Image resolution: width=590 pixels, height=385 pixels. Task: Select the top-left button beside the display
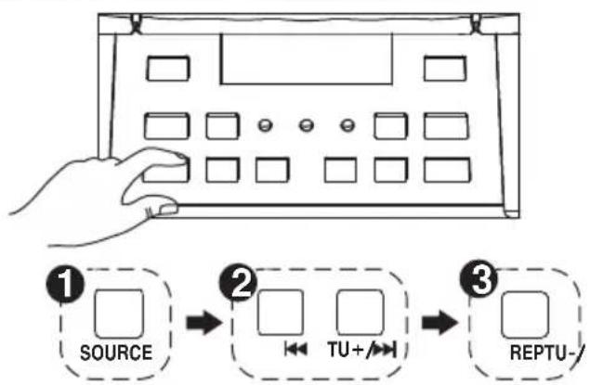(167, 68)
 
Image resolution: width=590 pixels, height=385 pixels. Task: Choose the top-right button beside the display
(445, 68)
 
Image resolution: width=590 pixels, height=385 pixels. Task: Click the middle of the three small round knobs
(306, 124)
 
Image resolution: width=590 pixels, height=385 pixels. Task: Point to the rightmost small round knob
(347, 124)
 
